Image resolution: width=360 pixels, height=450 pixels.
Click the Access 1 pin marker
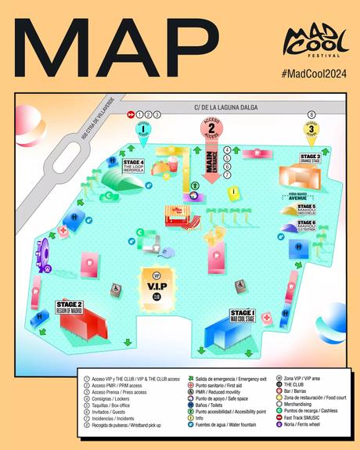pos(143,130)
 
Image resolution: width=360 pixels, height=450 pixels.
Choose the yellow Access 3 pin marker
pos(311,131)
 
